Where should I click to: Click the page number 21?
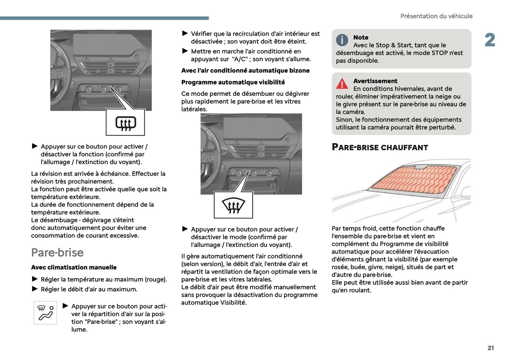(490, 348)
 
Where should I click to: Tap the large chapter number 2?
(490, 40)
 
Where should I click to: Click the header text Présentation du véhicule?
(436, 16)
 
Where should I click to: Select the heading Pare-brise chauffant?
(380, 147)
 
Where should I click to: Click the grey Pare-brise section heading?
(57, 252)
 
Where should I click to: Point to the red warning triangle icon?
(342, 84)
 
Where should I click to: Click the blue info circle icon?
(342, 40)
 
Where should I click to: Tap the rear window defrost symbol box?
(126, 123)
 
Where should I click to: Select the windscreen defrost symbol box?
(233, 205)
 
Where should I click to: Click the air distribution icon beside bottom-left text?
(45, 313)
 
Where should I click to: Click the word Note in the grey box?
(361, 37)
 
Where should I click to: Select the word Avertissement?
(375, 81)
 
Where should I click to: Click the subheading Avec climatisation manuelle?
(74, 267)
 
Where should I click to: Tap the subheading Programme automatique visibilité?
(233, 82)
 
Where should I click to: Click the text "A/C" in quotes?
(240, 59)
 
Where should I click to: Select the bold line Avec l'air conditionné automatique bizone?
(245, 71)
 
